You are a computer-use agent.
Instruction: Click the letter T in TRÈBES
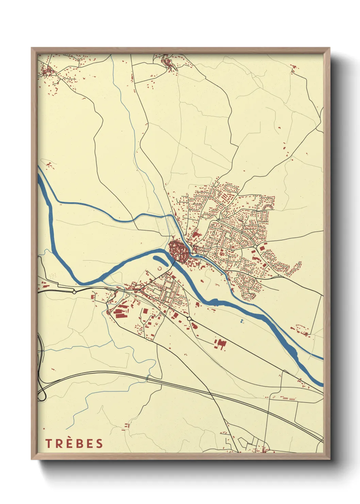coord(48,443)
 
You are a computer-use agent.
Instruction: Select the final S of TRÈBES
coord(99,443)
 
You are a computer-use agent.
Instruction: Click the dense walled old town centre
coord(178,251)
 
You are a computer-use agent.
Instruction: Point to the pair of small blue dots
coord(242,321)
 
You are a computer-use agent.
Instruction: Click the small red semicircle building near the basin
coord(160,269)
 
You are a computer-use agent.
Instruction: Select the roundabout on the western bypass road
coord(74,292)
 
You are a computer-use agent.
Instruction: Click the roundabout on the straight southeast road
coord(189,318)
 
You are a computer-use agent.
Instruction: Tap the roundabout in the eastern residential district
coord(255,246)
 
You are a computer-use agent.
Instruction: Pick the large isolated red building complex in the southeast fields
coord(220,344)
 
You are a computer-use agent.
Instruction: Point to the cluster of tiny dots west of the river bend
coord(52,275)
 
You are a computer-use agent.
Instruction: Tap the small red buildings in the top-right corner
coord(293,68)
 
